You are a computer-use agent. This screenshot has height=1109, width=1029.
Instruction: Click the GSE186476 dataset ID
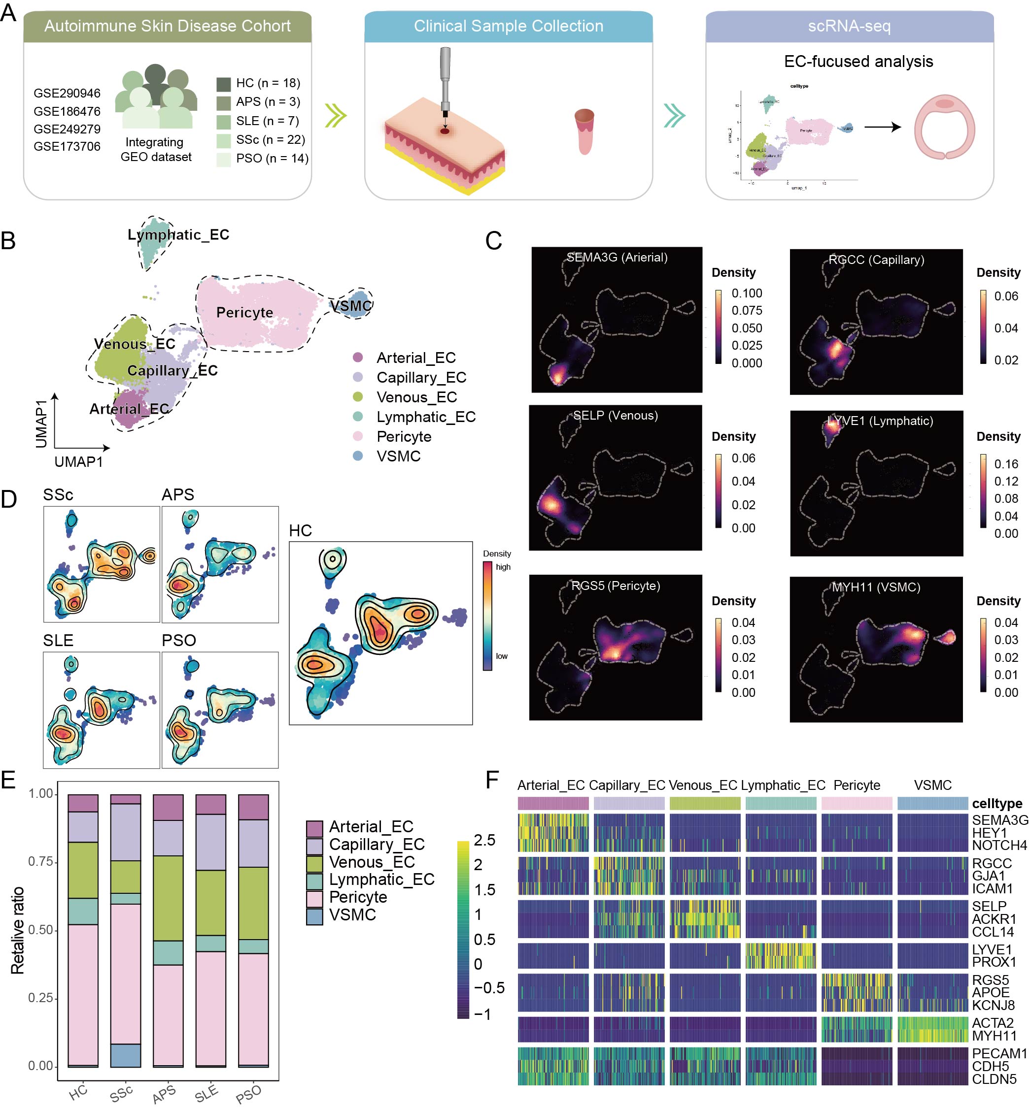(67, 111)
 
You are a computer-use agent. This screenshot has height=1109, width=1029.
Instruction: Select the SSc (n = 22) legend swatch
(223, 140)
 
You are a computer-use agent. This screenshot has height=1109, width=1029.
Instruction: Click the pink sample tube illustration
(584, 131)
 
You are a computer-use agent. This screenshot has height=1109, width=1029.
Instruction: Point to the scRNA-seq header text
(849, 26)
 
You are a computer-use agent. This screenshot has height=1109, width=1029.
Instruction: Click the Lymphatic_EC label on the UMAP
(178, 235)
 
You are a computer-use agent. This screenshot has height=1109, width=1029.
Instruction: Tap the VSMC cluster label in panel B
(351, 305)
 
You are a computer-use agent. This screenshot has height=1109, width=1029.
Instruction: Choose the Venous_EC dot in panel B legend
(358, 397)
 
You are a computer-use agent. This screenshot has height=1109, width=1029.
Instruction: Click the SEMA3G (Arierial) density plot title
(617, 257)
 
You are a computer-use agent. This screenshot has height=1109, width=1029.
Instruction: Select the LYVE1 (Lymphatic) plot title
(880, 421)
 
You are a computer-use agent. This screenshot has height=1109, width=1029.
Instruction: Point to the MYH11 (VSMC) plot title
(876, 587)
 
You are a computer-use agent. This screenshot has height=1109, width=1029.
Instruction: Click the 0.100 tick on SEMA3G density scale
(747, 293)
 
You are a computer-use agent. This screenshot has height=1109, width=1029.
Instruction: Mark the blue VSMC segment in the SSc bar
(125, 1055)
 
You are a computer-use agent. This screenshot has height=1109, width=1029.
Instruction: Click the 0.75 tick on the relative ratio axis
(40, 861)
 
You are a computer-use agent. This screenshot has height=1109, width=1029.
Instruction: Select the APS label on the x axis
(164, 1093)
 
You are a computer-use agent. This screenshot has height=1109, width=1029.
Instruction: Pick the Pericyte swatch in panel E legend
(314, 897)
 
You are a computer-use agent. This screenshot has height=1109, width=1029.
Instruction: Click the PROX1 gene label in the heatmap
(994, 962)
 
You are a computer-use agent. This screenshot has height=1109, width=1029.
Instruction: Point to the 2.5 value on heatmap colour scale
(484, 840)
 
